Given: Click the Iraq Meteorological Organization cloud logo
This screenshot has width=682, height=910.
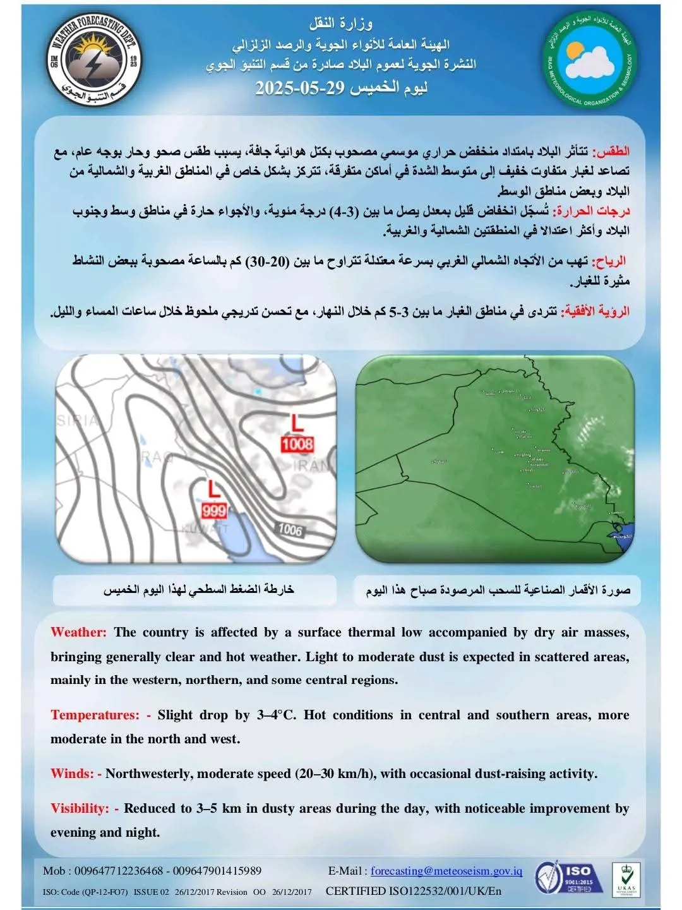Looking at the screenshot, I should (590, 62).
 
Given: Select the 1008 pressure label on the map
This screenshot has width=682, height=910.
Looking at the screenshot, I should (297, 444).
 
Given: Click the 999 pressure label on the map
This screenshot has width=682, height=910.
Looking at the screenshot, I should (213, 510).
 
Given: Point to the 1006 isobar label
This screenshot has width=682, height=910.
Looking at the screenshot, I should (290, 529).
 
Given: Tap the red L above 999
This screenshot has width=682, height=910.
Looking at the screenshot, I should (214, 489).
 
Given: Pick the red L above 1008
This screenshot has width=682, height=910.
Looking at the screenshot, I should (297, 422).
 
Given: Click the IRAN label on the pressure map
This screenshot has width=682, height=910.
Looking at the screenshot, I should (313, 466).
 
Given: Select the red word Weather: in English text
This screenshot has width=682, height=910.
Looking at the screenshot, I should (78, 632).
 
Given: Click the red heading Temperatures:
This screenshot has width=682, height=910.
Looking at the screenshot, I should (95, 715).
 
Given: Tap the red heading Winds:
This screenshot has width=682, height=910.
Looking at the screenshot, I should (72, 774).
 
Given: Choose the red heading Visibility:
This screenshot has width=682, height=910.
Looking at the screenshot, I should (80, 808).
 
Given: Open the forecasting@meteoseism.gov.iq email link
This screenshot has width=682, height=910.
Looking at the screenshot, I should (446, 871).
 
